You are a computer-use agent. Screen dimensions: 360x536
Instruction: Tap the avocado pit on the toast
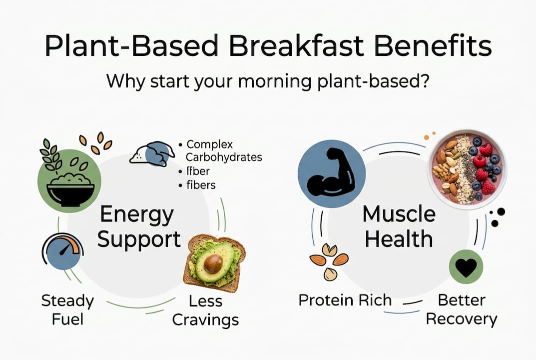pyautogui.click(x=213, y=263)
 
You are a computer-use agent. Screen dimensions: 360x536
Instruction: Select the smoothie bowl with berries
pyautogui.click(x=467, y=168)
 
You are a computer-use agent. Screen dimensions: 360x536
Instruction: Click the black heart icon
pyautogui.click(x=466, y=267)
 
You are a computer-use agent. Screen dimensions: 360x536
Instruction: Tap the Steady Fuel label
pyautogui.click(x=67, y=310)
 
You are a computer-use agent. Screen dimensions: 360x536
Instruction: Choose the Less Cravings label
pyautogui.click(x=205, y=310)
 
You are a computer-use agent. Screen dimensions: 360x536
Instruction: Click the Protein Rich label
pyautogui.click(x=345, y=300)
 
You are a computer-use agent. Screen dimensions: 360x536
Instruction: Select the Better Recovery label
pyautogui.click(x=461, y=309)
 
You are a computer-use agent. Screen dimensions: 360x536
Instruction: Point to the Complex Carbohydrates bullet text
pyautogui.click(x=220, y=150)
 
